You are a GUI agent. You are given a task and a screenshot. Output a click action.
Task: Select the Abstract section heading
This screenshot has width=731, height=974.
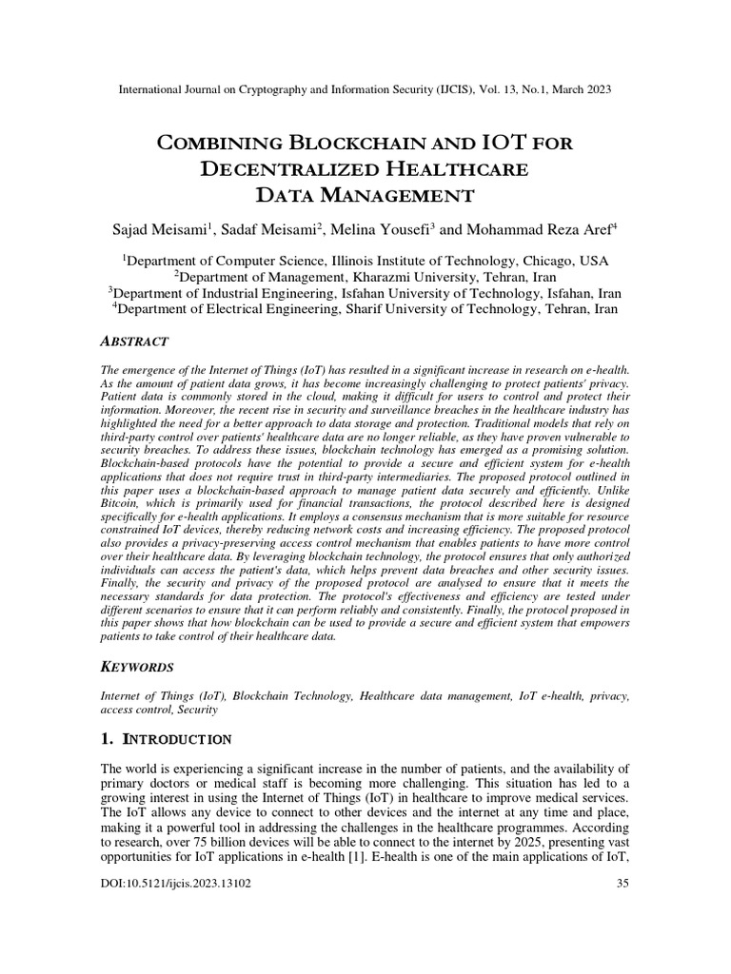134,341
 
